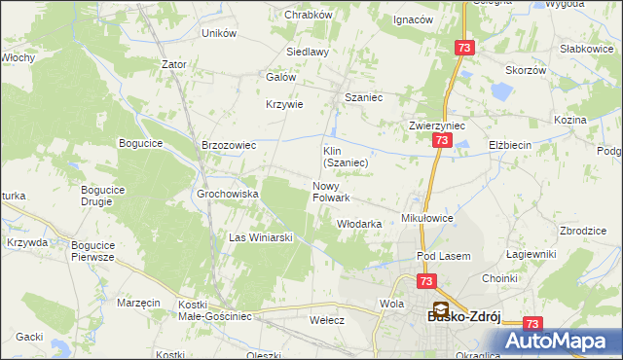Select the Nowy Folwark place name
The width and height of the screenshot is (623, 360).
click(x=331, y=192)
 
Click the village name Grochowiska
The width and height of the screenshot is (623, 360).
click(x=227, y=194)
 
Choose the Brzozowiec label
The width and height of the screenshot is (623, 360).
click(x=228, y=145)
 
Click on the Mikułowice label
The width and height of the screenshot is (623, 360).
click(x=427, y=219)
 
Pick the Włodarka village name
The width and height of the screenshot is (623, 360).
click(x=358, y=224)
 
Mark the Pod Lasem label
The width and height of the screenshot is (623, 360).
click(x=443, y=256)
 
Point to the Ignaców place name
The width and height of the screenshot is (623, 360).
click(x=412, y=19)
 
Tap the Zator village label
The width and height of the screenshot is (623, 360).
click(x=174, y=64)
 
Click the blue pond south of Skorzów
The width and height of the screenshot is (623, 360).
click(x=502, y=92)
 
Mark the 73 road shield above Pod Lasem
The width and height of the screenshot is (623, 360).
click(x=426, y=281)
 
